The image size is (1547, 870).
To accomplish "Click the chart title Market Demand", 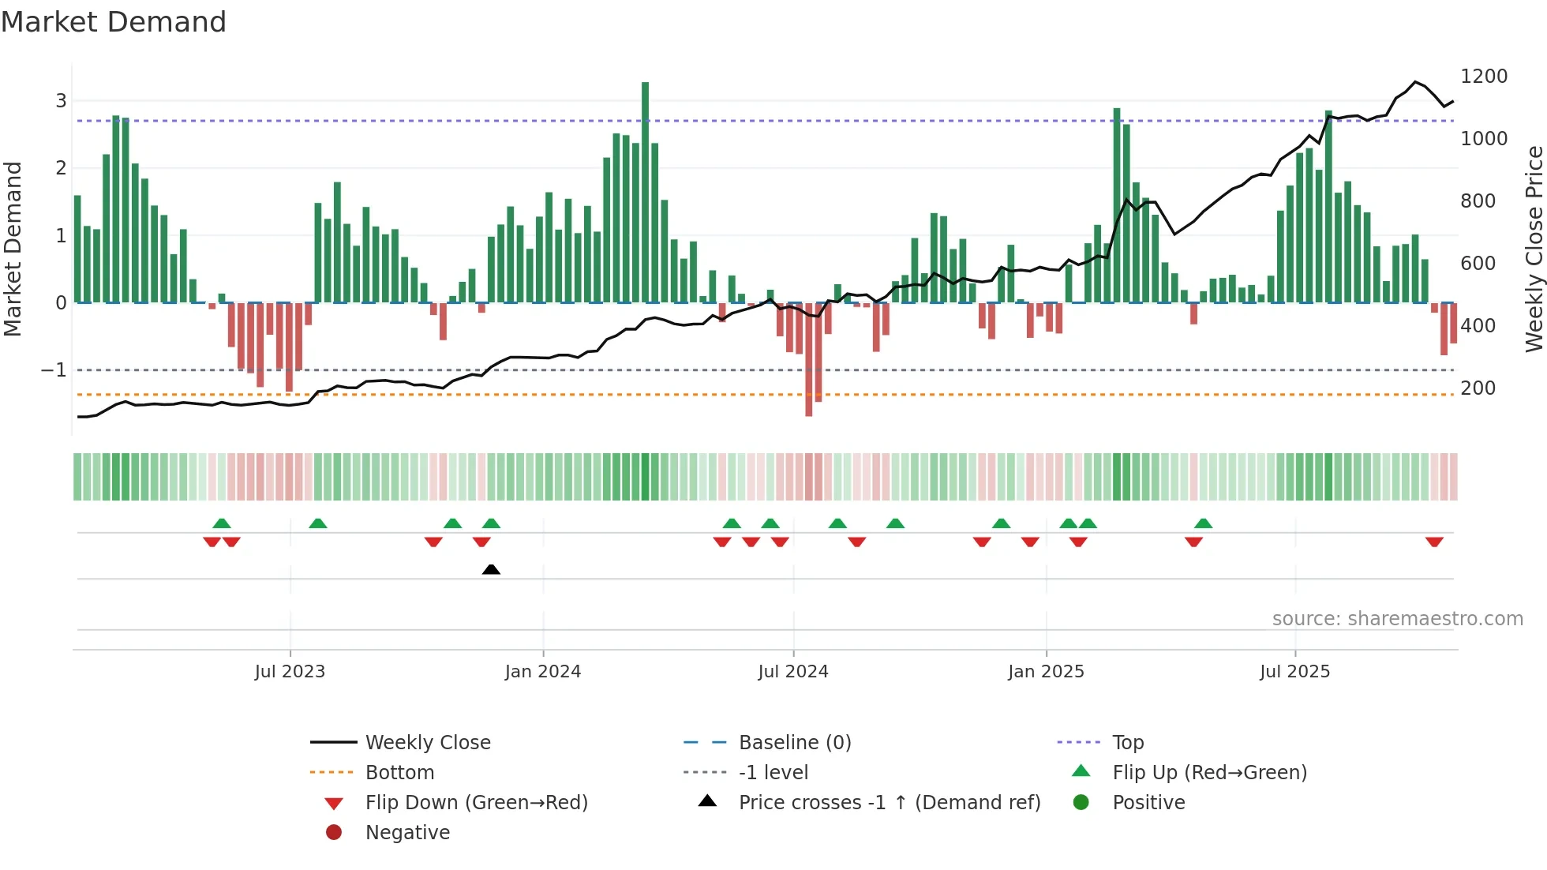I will (114, 22).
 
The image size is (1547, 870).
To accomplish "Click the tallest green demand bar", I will (645, 189).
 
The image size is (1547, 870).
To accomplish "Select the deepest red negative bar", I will (808, 359).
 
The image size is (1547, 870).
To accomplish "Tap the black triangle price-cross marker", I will (491, 569).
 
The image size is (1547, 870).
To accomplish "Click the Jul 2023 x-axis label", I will (290, 672).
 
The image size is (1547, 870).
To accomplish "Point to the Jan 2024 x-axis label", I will (543, 672).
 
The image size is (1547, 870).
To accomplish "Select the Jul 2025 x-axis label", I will (1294, 672).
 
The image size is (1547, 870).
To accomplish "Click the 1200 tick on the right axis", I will (1484, 77).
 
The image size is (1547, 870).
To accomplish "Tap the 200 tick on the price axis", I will (1478, 388).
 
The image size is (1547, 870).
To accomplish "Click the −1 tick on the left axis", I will (54, 370).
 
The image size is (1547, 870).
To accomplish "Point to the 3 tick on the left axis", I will (61, 101).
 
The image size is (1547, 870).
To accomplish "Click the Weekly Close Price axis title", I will (1534, 249).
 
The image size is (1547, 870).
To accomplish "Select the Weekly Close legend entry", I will (427, 743).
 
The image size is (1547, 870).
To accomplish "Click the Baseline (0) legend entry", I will (794, 743).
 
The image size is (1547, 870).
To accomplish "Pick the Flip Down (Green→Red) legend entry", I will (476, 803).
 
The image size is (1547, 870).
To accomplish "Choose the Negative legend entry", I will (407, 833).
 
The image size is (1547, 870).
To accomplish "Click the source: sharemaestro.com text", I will (1397, 619).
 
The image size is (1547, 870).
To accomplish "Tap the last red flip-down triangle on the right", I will (1434, 542).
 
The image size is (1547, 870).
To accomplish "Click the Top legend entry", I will (1127, 743).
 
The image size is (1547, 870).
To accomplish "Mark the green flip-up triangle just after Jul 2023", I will (318, 523).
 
